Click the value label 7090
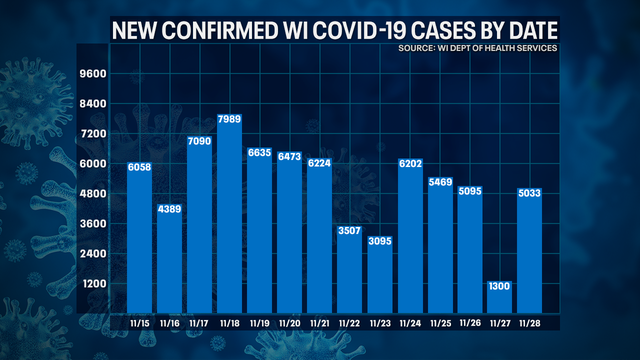(x=199, y=144)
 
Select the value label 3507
(x=349, y=231)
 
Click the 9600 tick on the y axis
(x=92, y=74)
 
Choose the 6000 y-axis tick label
(x=92, y=163)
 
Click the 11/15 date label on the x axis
(x=139, y=323)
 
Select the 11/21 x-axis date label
(x=319, y=323)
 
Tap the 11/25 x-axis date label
(x=439, y=323)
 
